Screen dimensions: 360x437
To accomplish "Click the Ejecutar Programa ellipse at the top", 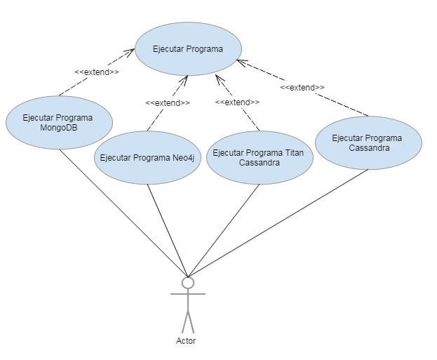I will click(x=188, y=50).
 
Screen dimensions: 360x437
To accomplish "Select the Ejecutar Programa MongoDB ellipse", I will click(x=59, y=122).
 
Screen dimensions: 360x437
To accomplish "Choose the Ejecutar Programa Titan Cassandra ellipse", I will click(x=260, y=157).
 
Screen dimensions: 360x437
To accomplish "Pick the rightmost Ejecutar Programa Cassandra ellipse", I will click(x=368, y=142).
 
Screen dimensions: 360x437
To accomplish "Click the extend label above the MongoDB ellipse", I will click(x=96, y=72).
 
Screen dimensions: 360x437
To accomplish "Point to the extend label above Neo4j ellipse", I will click(x=167, y=102).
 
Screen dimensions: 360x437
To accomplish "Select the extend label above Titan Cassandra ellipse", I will click(x=237, y=102).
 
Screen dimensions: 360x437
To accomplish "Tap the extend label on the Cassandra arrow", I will click(x=302, y=88).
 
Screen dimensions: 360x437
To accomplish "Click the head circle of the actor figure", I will click(x=187, y=282).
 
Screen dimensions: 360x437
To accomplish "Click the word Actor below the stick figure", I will click(x=186, y=341).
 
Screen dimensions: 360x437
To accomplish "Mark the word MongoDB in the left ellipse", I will click(x=59, y=127).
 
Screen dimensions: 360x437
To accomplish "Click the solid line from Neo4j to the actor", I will click(x=167, y=228).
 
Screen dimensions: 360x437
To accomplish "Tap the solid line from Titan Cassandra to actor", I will click(x=224, y=229).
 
